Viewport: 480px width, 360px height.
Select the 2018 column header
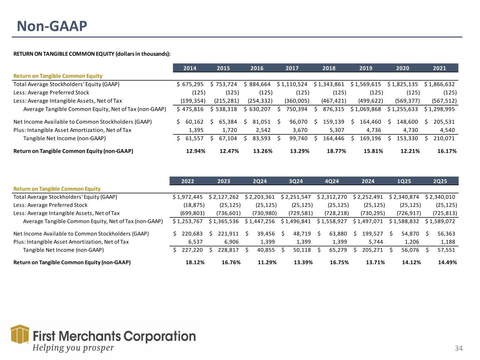point(329,68)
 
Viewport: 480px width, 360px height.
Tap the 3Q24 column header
point(295,181)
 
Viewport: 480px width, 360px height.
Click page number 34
point(459,348)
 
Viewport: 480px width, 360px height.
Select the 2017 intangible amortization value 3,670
point(299,130)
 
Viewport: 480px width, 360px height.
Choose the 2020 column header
point(403,68)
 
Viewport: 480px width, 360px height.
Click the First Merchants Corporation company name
point(114,336)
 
